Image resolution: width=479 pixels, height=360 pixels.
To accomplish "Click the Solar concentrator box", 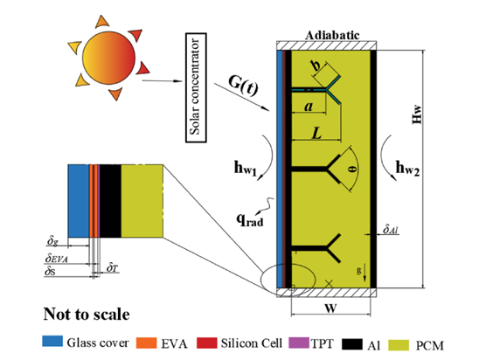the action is pos(196,87).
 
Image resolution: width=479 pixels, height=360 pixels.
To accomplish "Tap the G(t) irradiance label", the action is pos(243,86).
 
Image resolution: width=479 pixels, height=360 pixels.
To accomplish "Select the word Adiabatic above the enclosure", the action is pos(332,36).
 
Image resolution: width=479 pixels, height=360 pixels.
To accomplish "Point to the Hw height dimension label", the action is pos(417,114).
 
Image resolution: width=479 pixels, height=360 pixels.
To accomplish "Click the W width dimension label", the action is pos(330,308).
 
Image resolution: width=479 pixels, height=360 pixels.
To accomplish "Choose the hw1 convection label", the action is pos(246,169).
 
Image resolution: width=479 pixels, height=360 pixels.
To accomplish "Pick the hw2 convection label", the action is pos(407,169).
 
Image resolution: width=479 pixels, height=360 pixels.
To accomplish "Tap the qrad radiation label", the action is pos(249,219).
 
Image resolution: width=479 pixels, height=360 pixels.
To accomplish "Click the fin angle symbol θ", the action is pos(353,169).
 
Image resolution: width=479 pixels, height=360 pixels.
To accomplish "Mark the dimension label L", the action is pos(316,133).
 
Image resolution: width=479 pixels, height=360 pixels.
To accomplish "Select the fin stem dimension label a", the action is pos(309,107).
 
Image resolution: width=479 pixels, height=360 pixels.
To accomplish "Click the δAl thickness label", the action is pos(391,229).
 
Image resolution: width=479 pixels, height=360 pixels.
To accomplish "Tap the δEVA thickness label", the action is pos(57,259).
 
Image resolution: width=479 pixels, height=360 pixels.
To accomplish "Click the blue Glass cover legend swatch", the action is pos(52,341).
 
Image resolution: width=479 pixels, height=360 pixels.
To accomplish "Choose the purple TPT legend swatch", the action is pos(299,343).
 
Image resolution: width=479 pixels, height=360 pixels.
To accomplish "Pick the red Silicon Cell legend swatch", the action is pos(207,343).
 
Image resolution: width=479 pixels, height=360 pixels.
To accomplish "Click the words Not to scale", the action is pos(87,314).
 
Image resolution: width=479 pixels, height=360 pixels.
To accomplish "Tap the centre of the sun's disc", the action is pos(108,58).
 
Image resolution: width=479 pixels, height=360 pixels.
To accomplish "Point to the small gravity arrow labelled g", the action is pos(364,273).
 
